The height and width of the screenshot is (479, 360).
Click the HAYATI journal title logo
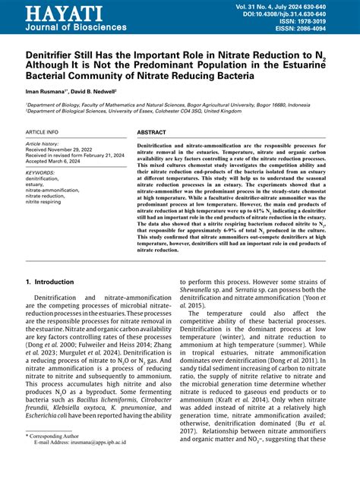point(53,13)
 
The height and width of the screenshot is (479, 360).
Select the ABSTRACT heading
point(151,132)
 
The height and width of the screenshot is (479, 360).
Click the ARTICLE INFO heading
point(45,132)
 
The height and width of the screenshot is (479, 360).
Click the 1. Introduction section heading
point(49,282)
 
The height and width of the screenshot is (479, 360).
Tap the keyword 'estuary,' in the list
point(35,184)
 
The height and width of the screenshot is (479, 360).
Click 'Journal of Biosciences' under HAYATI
point(65,27)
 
